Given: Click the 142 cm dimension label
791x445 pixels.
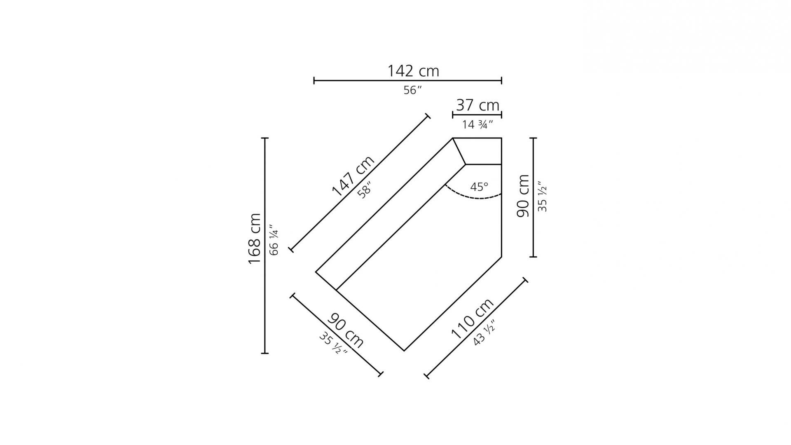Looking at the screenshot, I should click(x=413, y=71).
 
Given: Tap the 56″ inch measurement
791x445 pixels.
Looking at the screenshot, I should click(x=412, y=90).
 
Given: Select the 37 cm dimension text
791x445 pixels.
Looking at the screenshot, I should click(x=477, y=105).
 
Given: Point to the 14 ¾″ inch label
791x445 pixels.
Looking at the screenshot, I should click(x=477, y=124).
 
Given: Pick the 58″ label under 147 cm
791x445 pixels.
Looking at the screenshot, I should click(x=365, y=191).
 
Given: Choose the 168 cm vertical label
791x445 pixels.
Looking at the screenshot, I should click(x=255, y=239).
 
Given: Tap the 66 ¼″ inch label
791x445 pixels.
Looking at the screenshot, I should click(x=274, y=240).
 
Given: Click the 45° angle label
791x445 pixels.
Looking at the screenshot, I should click(x=479, y=187).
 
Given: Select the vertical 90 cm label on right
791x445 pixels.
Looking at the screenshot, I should click(x=523, y=196).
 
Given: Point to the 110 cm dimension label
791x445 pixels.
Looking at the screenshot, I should click(x=472, y=319).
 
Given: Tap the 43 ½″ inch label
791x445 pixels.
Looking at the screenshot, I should click(x=483, y=333).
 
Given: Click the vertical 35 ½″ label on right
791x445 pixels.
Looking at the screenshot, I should click(x=543, y=197).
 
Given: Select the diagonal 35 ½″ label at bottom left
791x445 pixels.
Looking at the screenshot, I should click(x=333, y=343).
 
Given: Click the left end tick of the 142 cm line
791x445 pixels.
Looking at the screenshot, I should click(x=314, y=80).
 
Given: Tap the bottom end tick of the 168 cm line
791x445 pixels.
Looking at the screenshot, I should click(x=265, y=353).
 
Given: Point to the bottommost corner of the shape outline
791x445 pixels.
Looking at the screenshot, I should click(x=404, y=351).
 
